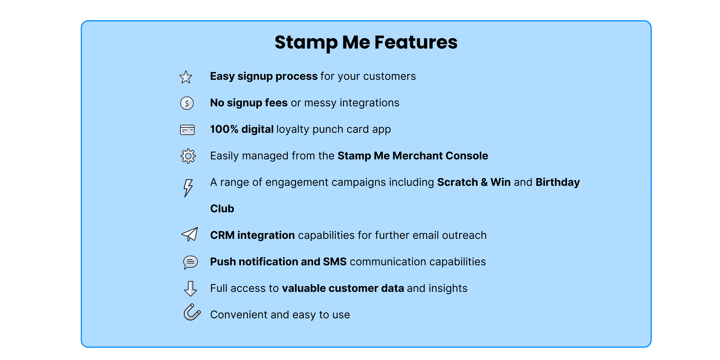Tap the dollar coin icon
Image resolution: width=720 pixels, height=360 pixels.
187,103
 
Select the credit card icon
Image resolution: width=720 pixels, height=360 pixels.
187,130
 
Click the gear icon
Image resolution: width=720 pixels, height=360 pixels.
188,156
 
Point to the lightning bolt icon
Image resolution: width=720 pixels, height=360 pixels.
188,188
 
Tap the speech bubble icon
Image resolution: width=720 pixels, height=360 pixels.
190,262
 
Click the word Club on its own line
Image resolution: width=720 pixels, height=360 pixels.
222,209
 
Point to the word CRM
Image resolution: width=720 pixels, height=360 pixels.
222,235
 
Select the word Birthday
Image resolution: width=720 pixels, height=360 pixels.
558,182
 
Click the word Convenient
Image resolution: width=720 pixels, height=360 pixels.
239,315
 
